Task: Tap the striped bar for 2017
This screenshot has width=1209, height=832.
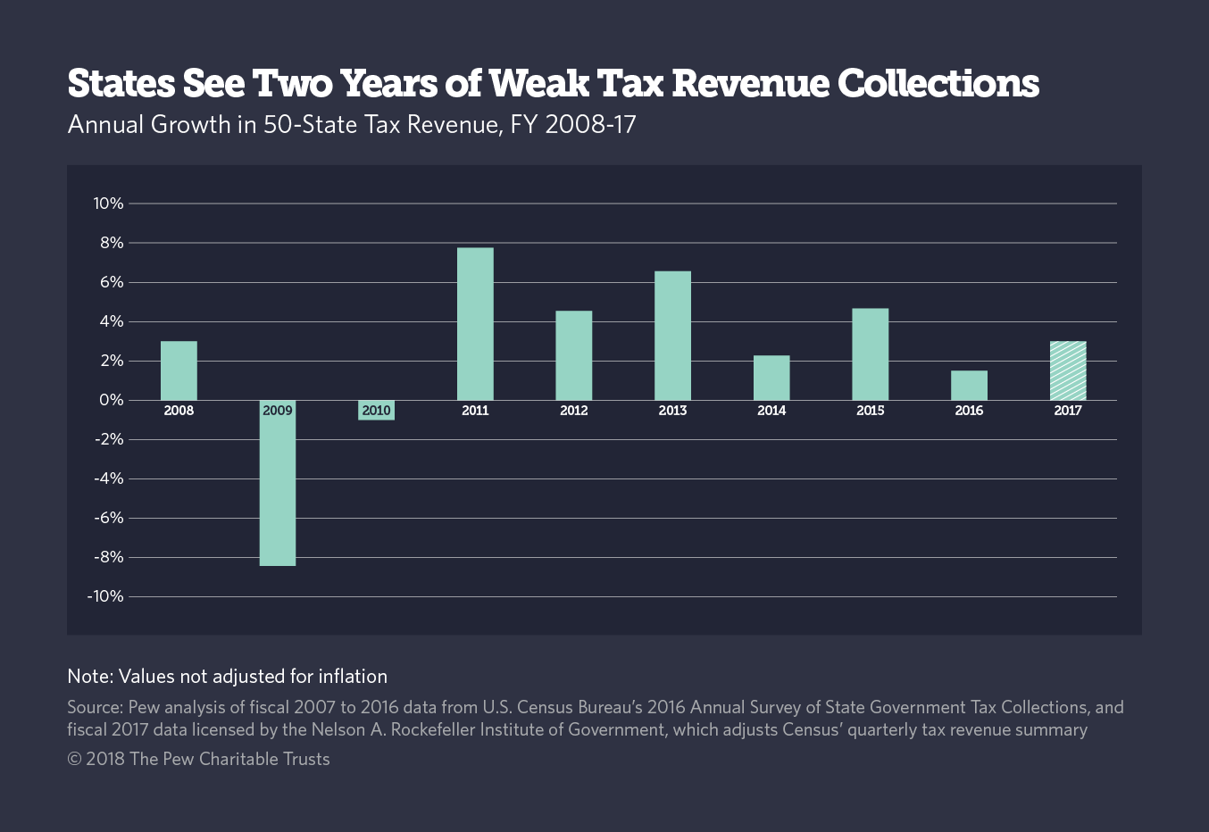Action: click(1068, 370)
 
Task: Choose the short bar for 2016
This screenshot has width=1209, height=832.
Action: click(969, 385)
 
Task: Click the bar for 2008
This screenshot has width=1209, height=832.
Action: click(179, 370)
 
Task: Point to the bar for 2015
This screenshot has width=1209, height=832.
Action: click(870, 354)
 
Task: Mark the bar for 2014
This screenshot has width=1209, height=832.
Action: click(771, 378)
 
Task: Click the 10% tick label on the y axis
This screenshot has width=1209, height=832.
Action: click(108, 204)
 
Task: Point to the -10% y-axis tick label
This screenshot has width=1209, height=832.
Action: click(105, 596)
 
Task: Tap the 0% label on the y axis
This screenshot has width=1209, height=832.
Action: click(112, 400)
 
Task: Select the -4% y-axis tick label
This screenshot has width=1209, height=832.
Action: click(108, 478)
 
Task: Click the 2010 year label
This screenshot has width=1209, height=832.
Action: click(376, 411)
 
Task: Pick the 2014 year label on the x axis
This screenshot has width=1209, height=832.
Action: click(771, 411)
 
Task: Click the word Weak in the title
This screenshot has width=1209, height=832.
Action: click(538, 83)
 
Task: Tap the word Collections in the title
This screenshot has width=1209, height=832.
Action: click(938, 83)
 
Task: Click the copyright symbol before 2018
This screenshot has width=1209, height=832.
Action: click(74, 759)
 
